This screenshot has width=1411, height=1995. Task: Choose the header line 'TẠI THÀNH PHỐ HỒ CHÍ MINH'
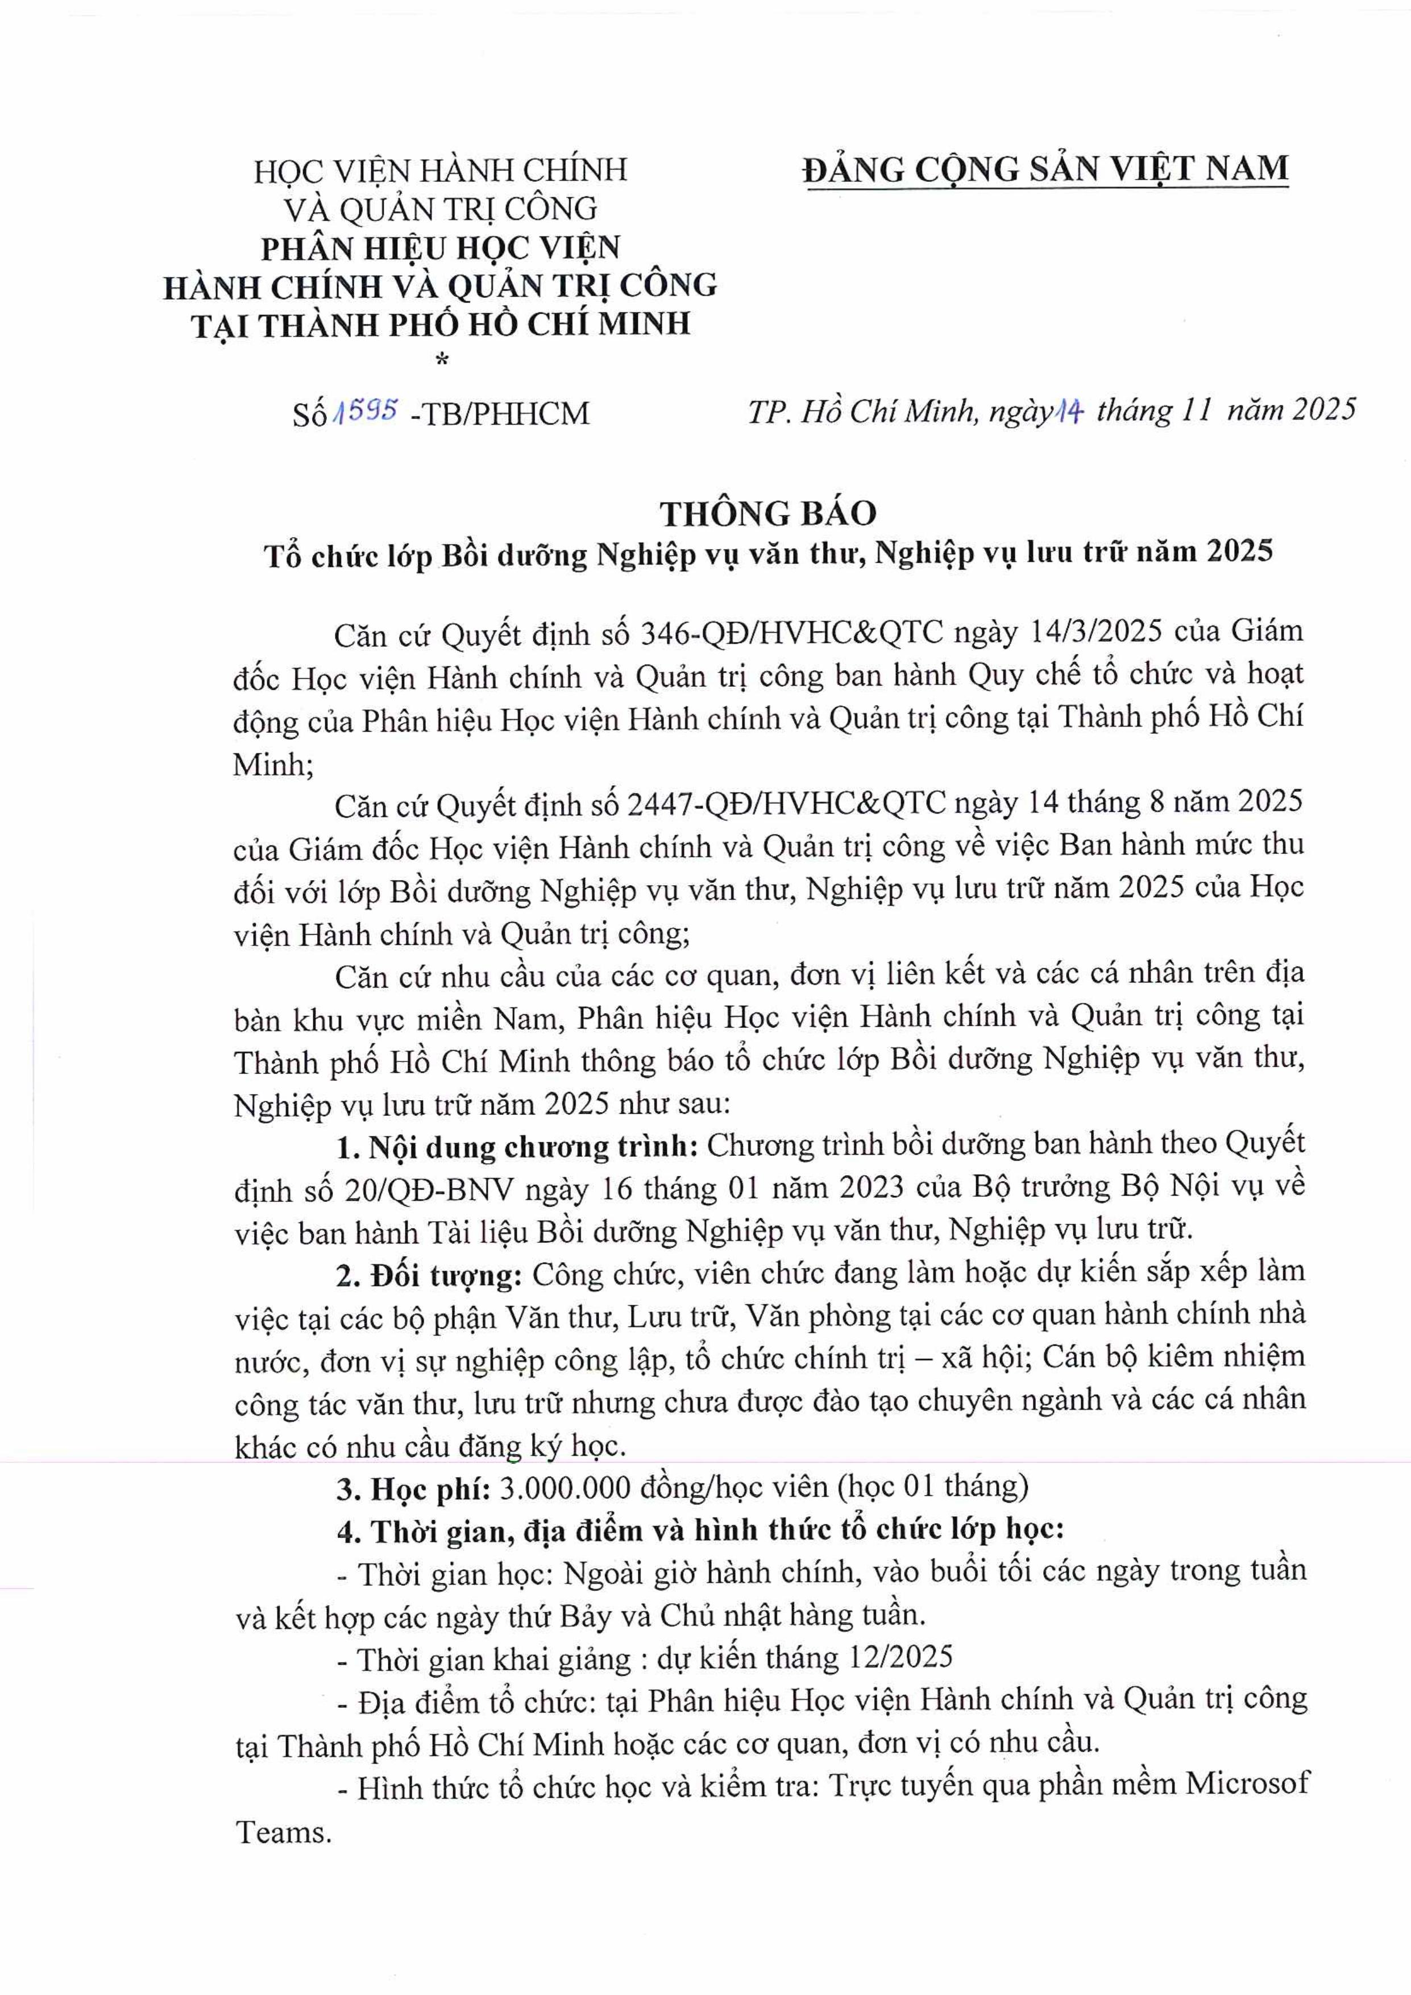tap(441, 323)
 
